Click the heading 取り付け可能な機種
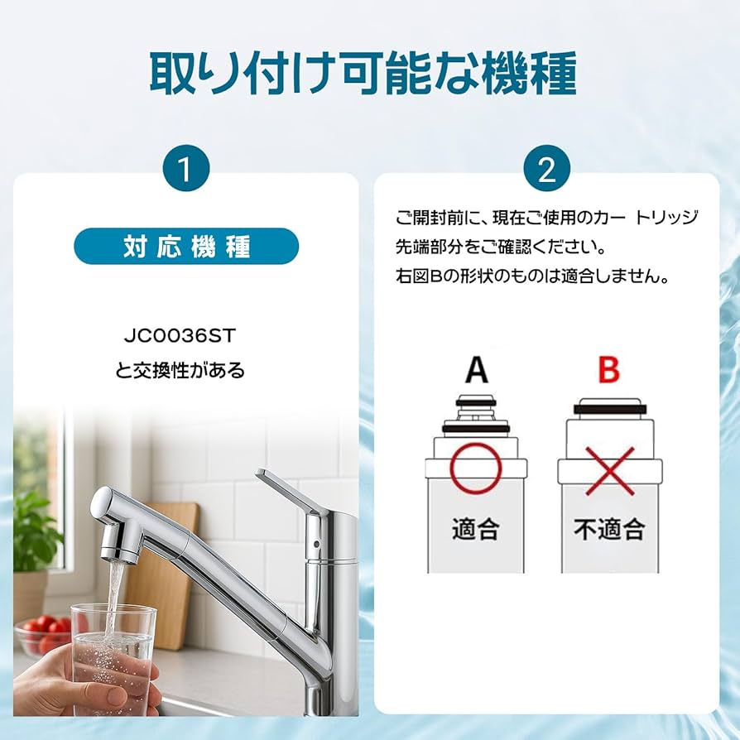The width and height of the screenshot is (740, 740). click(363, 74)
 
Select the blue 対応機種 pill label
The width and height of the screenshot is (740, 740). click(186, 247)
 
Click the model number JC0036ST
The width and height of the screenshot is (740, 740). click(186, 338)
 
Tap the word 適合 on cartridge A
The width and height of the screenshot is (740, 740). click(475, 528)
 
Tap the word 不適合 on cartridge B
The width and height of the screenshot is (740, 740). click(609, 528)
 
